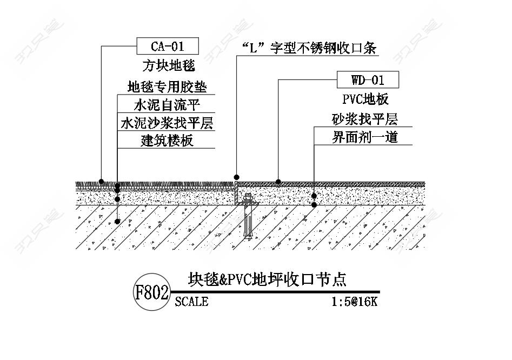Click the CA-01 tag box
coord(168,46)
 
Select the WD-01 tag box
coord(368,79)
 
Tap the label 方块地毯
coord(169,66)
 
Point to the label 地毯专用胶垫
coord(167,87)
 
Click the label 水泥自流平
coord(167,105)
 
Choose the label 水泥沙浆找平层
coord(167,123)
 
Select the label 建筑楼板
coord(167,141)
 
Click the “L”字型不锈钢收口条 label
coord(309,48)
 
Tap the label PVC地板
coord(365,99)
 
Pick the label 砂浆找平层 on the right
coord(365,119)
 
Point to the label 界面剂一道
coord(365,137)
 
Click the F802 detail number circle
coord(152,292)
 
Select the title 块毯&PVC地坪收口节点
coord(267,279)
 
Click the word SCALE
coord(191,302)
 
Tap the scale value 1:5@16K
coord(354,302)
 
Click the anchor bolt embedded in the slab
coord(248,217)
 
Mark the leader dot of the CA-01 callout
coord(102,182)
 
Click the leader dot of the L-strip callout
coord(236,177)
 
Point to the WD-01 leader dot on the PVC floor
coord(278,182)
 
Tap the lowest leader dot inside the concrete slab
coord(117,221)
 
